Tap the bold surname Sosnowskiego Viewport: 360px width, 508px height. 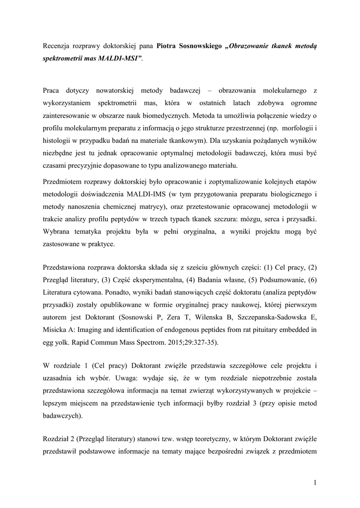(200, 46)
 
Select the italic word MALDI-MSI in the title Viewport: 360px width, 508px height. (119, 59)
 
